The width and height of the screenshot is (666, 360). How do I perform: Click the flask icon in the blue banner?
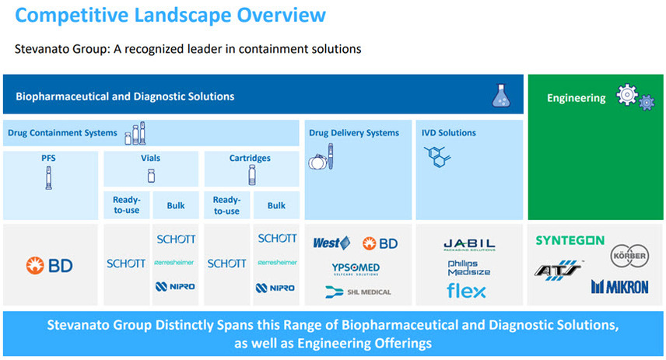point(500,96)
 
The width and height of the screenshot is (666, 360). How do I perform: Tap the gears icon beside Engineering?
point(635,97)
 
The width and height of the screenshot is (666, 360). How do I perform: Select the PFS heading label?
point(48,159)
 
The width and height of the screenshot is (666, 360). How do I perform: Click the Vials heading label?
point(151,159)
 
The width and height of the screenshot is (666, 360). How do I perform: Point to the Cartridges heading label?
point(250,159)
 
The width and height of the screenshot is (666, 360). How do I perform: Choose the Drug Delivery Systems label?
point(354,133)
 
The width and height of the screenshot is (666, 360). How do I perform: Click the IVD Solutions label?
point(448,133)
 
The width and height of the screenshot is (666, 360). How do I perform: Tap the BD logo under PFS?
point(49,265)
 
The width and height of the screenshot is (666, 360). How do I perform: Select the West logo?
point(331,243)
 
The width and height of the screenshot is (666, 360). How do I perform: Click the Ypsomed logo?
point(355,269)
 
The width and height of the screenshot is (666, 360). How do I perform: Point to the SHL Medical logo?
point(359,292)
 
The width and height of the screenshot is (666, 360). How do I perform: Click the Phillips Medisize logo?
point(467,268)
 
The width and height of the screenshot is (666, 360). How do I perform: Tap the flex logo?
point(466,292)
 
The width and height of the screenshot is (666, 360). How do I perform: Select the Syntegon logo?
point(570,241)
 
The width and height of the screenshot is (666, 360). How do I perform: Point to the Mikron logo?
point(619,287)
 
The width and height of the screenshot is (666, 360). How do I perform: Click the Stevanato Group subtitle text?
point(188,49)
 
